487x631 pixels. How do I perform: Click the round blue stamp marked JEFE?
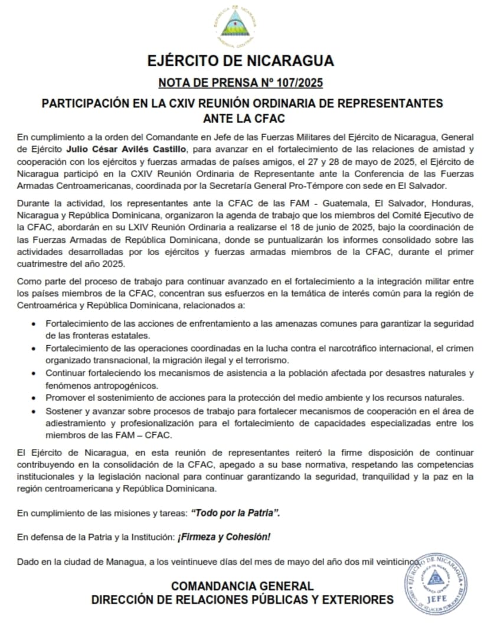click(x=437, y=584)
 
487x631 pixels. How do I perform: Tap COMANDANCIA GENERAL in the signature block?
click(x=243, y=586)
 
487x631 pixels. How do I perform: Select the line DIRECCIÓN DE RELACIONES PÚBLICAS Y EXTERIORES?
click(x=243, y=600)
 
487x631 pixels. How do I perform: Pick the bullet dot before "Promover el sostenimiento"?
click(x=32, y=398)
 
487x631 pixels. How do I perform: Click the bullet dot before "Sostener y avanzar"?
click(x=32, y=411)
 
